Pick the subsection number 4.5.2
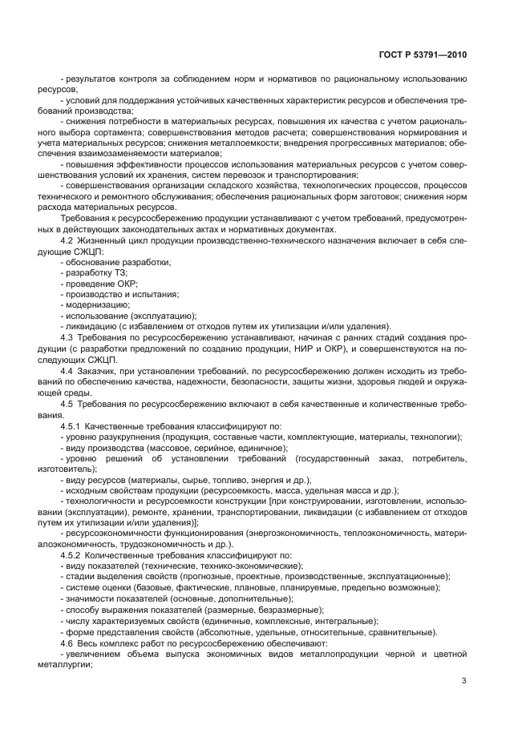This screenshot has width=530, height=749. (x=72, y=554)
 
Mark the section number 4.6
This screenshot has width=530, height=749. (x=69, y=643)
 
